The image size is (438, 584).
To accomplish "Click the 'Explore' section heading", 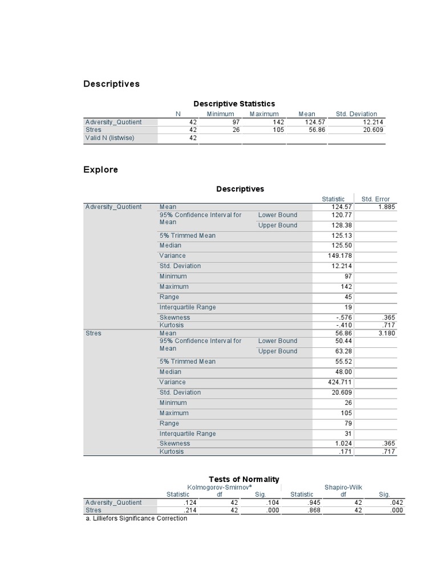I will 100,169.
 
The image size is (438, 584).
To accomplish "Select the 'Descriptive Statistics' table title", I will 234,103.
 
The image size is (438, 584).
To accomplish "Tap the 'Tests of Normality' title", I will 244,479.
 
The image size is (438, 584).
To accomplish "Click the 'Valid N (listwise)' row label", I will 110,137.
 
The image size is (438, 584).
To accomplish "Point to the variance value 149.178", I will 341,255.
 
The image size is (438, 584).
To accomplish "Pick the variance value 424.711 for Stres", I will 341,382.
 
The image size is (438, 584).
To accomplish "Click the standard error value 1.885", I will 386,207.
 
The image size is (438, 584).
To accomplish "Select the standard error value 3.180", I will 386,333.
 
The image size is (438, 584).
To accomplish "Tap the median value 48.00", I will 343,372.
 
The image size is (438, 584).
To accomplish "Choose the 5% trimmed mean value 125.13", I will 342,236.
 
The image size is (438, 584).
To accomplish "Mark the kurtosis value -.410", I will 343,325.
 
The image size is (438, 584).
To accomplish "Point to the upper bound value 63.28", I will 343,351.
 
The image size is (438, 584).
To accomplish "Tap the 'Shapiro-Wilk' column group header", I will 343,487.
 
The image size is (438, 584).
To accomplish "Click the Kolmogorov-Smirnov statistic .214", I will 189,510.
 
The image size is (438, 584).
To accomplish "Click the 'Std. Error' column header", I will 375,199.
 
